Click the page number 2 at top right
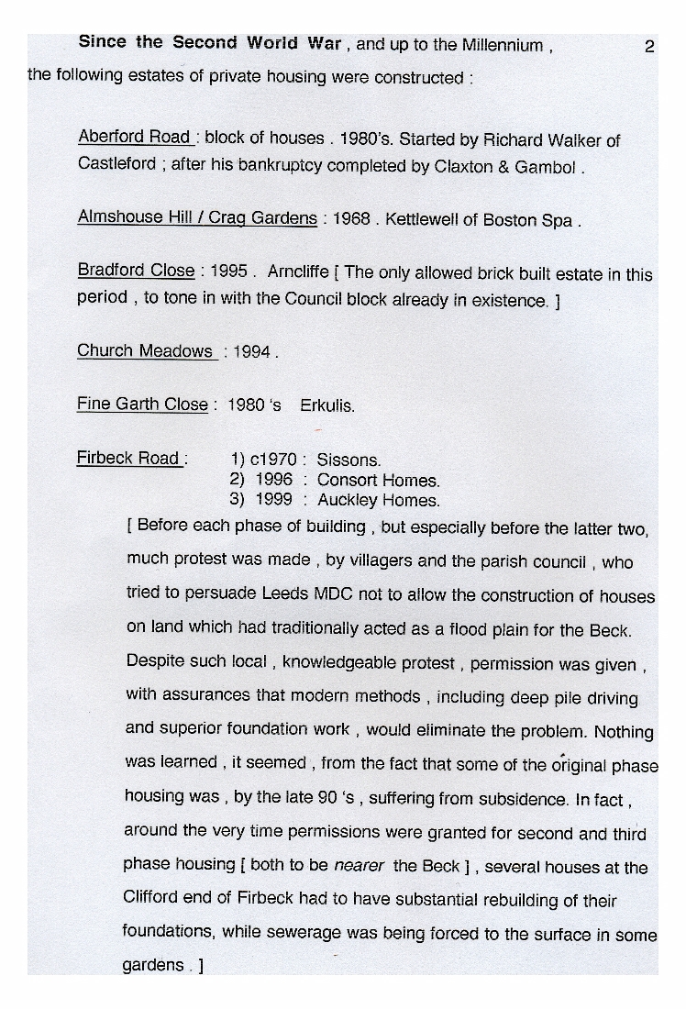click(649, 47)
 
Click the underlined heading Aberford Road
click(134, 137)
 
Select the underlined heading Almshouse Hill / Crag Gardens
click(197, 218)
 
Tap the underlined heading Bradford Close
click(136, 271)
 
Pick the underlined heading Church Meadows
click(145, 351)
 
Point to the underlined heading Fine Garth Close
click(142, 405)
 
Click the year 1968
click(351, 220)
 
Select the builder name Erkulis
click(326, 405)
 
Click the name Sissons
click(349, 460)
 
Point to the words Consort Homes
click(378, 480)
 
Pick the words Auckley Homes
click(378, 501)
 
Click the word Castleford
click(116, 166)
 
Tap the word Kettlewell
click(426, 220)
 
